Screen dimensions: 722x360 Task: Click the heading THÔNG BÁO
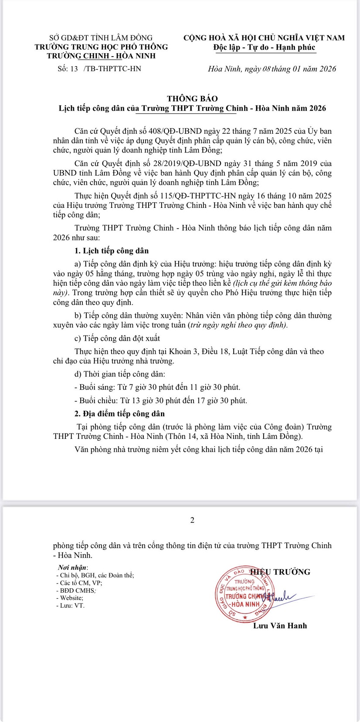192,98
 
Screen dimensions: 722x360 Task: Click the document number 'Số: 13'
67,69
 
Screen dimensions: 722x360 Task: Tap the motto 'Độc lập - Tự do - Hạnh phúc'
264,47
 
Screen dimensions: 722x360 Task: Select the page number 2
192,520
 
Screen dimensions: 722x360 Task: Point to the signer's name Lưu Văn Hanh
280,626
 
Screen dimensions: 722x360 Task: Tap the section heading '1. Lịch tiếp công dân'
112,251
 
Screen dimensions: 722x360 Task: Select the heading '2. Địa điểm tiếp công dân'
119,414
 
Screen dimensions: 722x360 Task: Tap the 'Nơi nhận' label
72,568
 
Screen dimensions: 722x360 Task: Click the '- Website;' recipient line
70,598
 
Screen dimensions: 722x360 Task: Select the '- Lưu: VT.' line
71,606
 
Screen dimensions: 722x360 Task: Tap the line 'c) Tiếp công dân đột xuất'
117,338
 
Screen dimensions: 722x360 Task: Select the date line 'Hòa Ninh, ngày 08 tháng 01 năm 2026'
272,69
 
